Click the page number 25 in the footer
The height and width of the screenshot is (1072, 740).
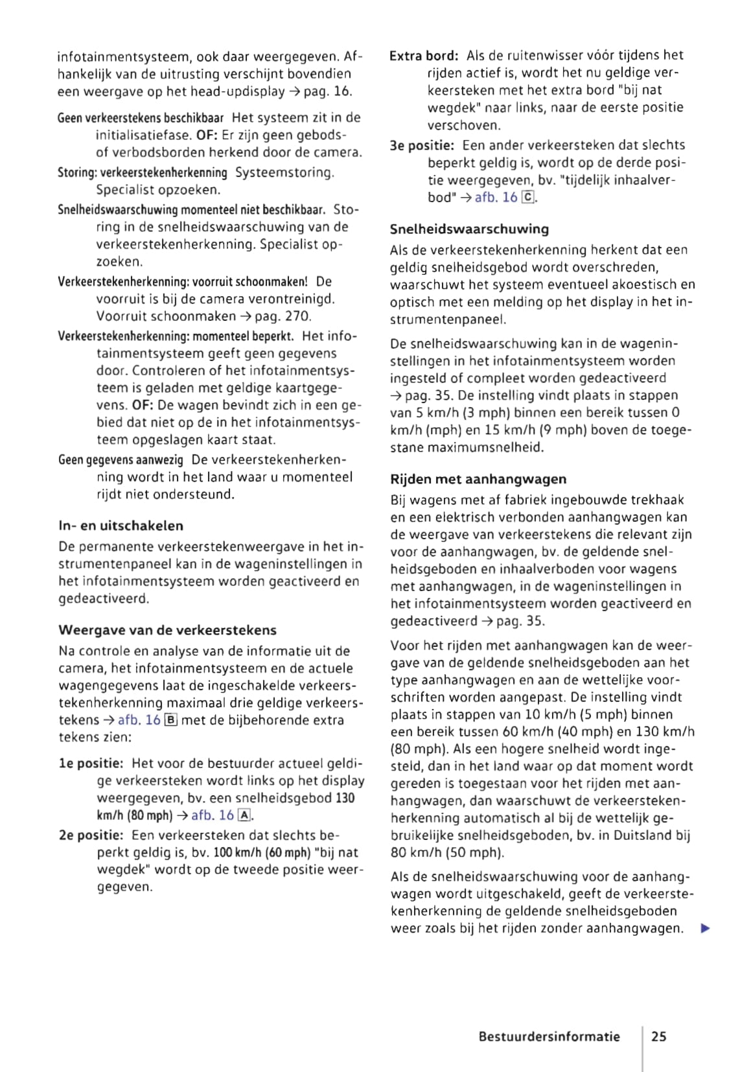pyautogui.click(x=658, y=1036)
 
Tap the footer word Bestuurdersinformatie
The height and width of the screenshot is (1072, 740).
pyautogui.click(x=549, y=1036)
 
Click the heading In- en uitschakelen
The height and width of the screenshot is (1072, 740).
pyautogui.click(x=121, y=526)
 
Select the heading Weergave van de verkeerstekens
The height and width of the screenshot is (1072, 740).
pyautogui.click(x=167, y=630)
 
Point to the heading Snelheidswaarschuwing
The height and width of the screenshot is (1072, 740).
pyautogui.click(x=469, y=229)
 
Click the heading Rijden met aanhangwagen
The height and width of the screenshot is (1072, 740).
pyautogui.click(x=478, y=479)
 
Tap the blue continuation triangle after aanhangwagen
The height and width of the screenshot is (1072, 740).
pyautogui.click(x=706, y=928)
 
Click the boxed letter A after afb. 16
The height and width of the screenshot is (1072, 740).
pyautogui.click(x=244, y=815)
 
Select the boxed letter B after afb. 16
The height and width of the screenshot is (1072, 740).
pyautogui.click(x=171, y=720)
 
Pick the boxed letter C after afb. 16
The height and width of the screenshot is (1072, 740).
pyautogui.click(x=528, y=197)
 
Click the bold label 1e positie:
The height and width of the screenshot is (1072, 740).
pyautogui.click(x=91, y=763)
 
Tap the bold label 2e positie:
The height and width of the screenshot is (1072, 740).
pyautogui.click(x=91, y=835)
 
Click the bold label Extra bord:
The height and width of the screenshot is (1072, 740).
pyautogui.click(x=424, y=56)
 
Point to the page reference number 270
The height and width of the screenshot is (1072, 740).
pyautogui.click(x=297, y=316)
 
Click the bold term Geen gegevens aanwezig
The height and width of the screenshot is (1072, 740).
pyautogui.click(x=121, y=460)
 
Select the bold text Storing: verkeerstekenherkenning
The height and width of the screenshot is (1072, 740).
pyautogui.click(x=142, y=173)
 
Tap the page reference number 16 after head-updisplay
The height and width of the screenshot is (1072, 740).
pyautogui.click(x=341, y=91)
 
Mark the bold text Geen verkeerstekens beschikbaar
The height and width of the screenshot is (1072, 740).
pyautogui.click(x=141, y=118)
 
